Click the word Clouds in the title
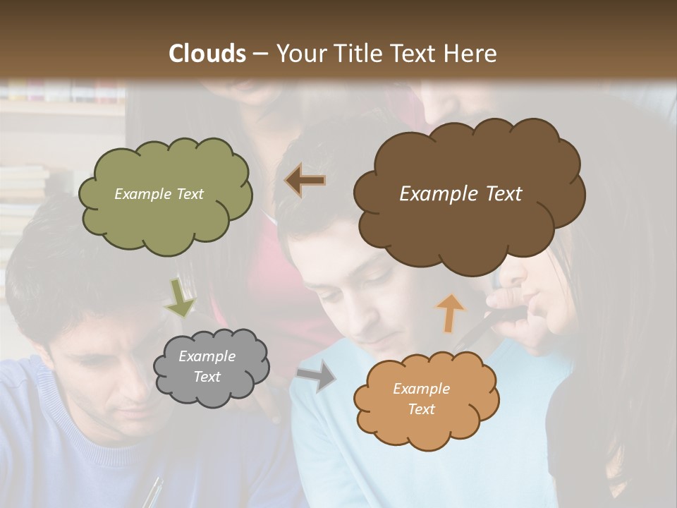207,54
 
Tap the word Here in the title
472,54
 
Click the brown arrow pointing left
305,181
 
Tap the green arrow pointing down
180,298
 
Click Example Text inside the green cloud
159,194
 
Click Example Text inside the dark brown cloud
461,194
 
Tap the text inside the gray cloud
207,367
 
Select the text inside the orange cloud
421,399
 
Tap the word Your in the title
298,54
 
